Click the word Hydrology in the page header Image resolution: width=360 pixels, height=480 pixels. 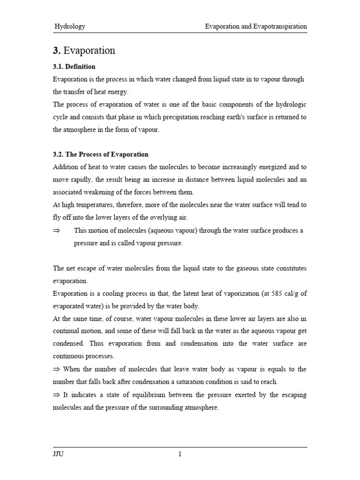(x=70, y=27)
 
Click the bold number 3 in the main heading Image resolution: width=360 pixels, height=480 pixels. (x=56, y=51)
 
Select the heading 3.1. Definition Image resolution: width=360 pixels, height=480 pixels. (x=74, y=67)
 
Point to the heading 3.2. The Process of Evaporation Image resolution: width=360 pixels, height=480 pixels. (x=100, y=154)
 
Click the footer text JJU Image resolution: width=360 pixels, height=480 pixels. (x=58, y=454)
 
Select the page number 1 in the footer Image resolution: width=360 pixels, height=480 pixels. (x=180, y=454)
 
